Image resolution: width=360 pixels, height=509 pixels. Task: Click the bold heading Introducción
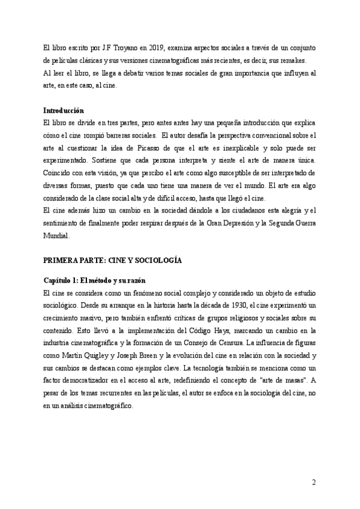tap(64, 110)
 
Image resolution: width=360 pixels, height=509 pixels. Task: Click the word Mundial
tap(56, 236)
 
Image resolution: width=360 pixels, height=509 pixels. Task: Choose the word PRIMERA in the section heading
tap(63, 261)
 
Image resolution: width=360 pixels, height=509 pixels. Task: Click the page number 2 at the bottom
tap(313, 483)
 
